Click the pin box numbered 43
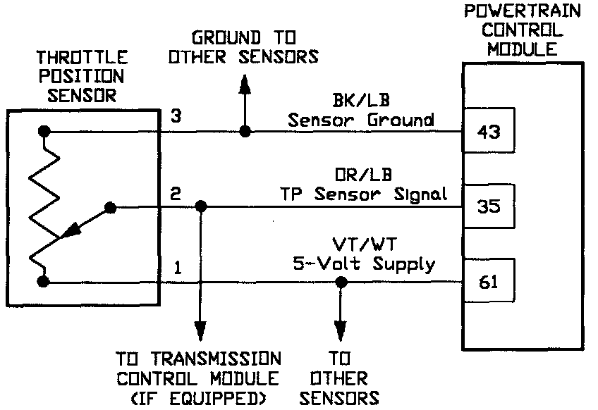[x=488, y=132]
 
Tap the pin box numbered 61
[x=488, y=282]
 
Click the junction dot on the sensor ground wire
[x=245, y=132]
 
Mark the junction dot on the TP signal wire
[x=200, y=207]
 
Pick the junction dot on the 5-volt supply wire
[x=341, y=282]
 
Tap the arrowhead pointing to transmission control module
[x=200, y=330]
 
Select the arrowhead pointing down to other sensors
[x=341, y=330]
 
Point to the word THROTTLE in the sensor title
[x=81, y=58]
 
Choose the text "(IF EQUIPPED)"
[x=200, y=398]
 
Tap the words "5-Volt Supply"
[x=364, y=265]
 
